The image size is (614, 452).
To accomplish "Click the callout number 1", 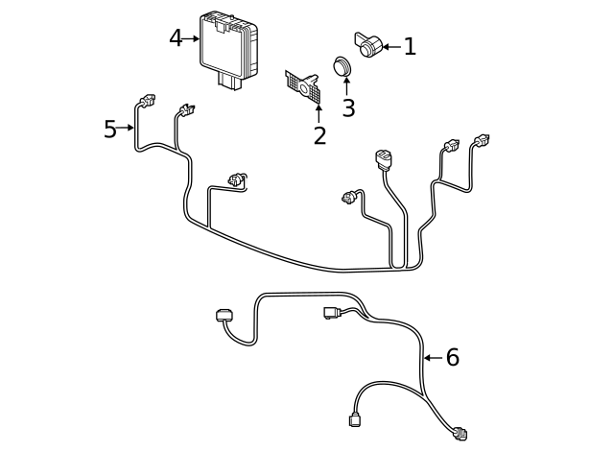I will click(x=410, y=46).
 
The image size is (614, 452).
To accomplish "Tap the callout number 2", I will click(x=319, y=135).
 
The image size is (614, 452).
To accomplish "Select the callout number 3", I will click(x=348, y=108).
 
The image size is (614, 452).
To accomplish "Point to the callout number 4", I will click(x=175, y=38).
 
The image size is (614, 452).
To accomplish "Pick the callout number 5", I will click(x=109, y=129).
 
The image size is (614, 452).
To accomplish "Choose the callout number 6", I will click(x=452, y=358).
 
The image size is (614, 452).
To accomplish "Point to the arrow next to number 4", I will click(x=192, y=38).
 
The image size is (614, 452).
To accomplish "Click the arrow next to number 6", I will click(x=432, y=358).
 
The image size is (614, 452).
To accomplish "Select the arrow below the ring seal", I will click(x=346, y=88).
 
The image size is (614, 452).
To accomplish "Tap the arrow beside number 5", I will click(x=126, y=128).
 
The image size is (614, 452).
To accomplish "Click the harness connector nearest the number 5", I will click(x=146, y=101).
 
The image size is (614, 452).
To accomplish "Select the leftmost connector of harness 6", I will click(x=223, y=316).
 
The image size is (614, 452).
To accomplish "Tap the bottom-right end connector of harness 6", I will click(x=460, y=433).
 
